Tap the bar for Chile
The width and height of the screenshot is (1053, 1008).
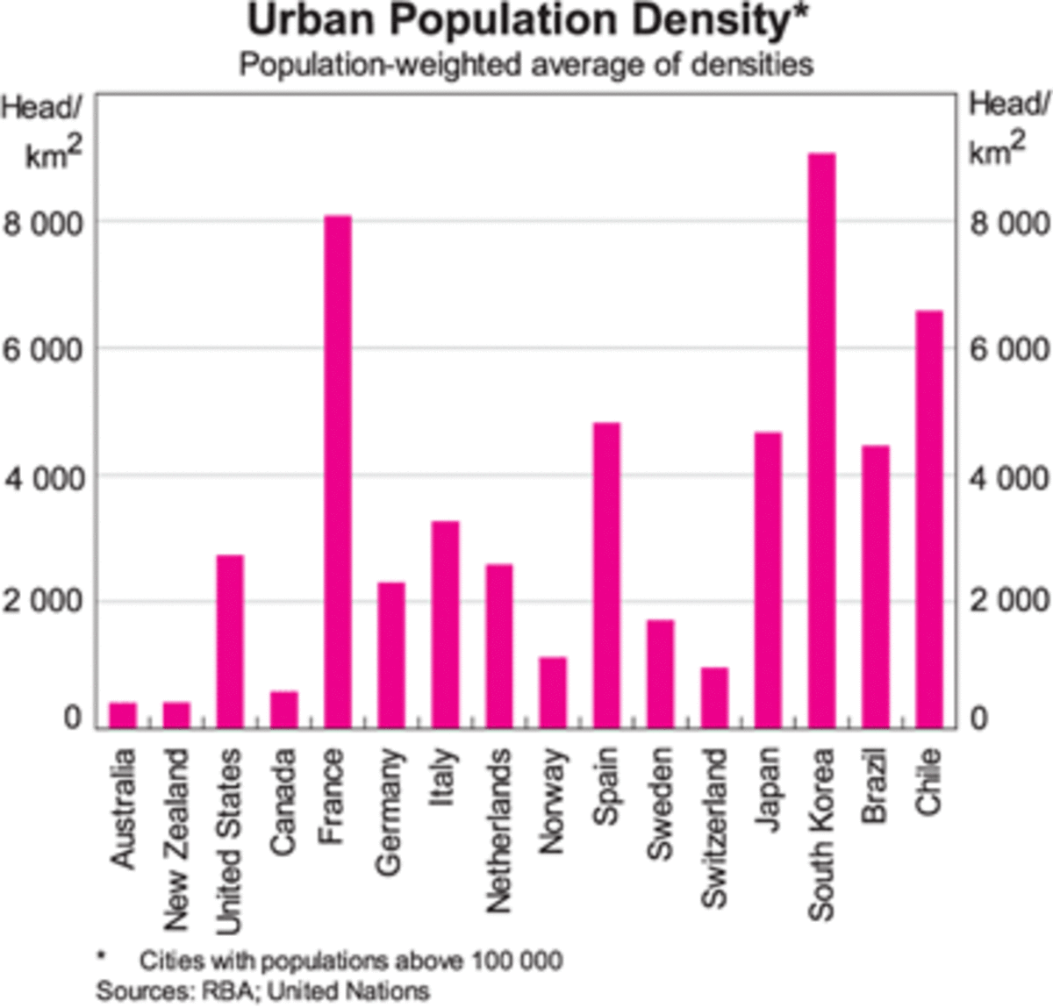coord(929,518)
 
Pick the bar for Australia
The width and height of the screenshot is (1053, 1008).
coord(123,714)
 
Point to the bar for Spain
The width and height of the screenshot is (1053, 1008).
coord(606,575)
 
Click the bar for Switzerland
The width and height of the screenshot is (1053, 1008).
coord(714,697)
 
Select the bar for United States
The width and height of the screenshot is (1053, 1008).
coord(230,641)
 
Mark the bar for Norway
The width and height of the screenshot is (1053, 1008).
coord(553,692)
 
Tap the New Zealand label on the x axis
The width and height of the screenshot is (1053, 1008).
coord(176,839)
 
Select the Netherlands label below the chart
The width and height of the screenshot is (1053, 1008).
coord(498,830)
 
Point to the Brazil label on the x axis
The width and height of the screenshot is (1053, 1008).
coord(875,785)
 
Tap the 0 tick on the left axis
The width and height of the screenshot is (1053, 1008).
coord(72,718)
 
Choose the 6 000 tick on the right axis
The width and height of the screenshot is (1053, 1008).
coord(1009,349)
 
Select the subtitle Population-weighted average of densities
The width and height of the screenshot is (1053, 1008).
coord(526,65)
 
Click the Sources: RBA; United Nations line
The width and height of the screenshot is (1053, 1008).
coord(262,991)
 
